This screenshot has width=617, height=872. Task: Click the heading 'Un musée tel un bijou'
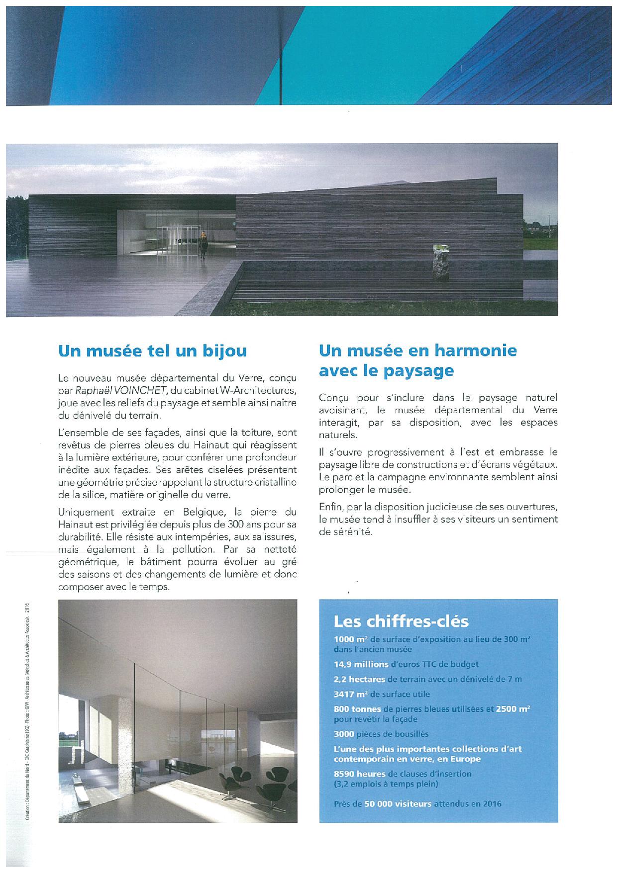pos(152,351)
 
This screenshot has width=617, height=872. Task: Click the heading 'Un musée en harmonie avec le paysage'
pos(417,360)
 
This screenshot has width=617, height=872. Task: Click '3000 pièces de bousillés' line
pos(381,734)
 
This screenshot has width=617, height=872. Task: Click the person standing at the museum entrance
pos(203,245)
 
